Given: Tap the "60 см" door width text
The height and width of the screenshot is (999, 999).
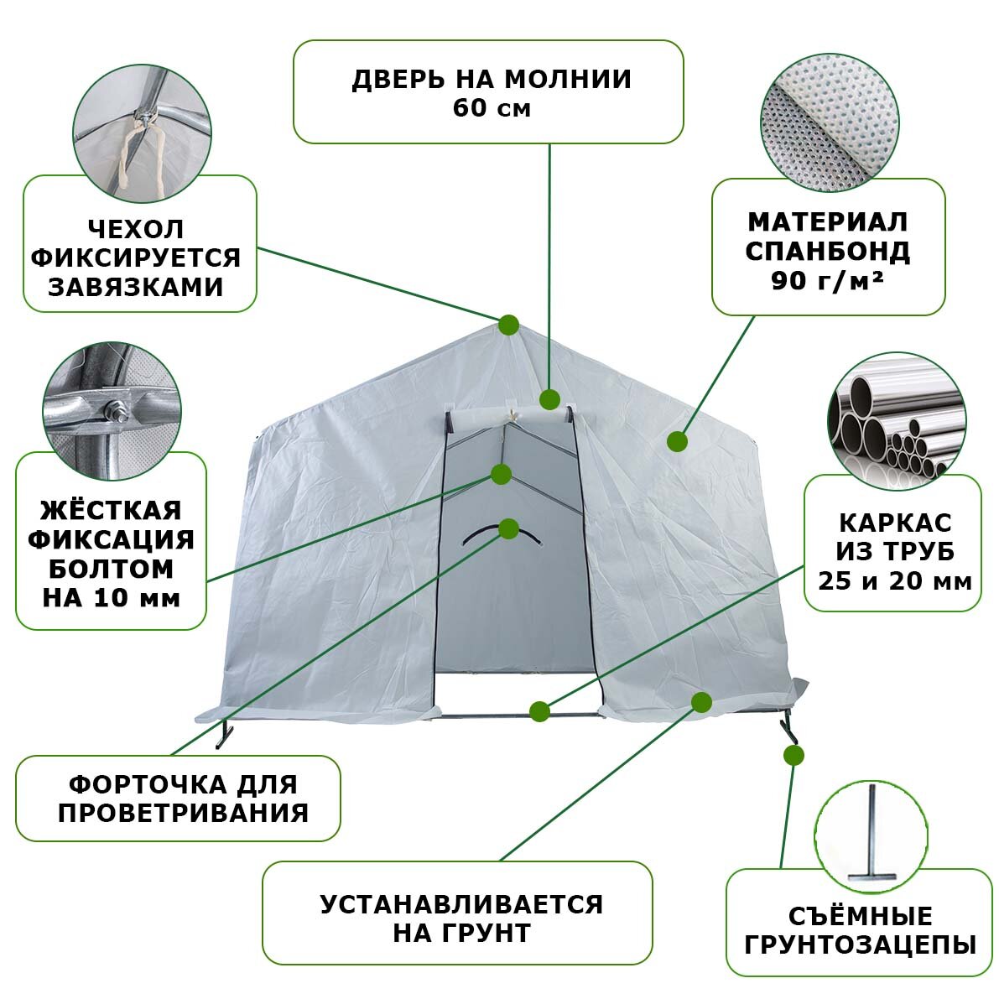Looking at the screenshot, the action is [492, 108].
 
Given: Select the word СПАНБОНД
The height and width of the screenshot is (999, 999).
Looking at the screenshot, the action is [827, 251].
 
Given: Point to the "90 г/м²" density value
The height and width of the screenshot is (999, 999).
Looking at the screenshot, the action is [827, 279].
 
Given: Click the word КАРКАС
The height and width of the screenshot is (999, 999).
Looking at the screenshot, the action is [895, 523].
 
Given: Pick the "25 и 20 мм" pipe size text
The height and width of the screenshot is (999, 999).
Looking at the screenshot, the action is [895, 580].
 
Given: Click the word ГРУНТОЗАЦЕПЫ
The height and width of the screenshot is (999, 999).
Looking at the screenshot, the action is [861, 945].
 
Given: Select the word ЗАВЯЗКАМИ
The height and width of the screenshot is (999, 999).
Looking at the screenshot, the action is [136, 287].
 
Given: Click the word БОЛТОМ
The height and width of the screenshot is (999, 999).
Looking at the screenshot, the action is [111, 569].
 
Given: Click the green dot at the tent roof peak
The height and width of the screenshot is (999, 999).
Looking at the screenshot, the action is [508, 325].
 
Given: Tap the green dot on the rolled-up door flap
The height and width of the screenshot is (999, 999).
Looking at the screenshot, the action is [549, 398].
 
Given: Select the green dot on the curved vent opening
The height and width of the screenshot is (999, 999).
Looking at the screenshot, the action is [508, 528].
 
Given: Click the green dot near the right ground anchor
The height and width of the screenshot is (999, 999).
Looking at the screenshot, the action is [793, 755].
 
